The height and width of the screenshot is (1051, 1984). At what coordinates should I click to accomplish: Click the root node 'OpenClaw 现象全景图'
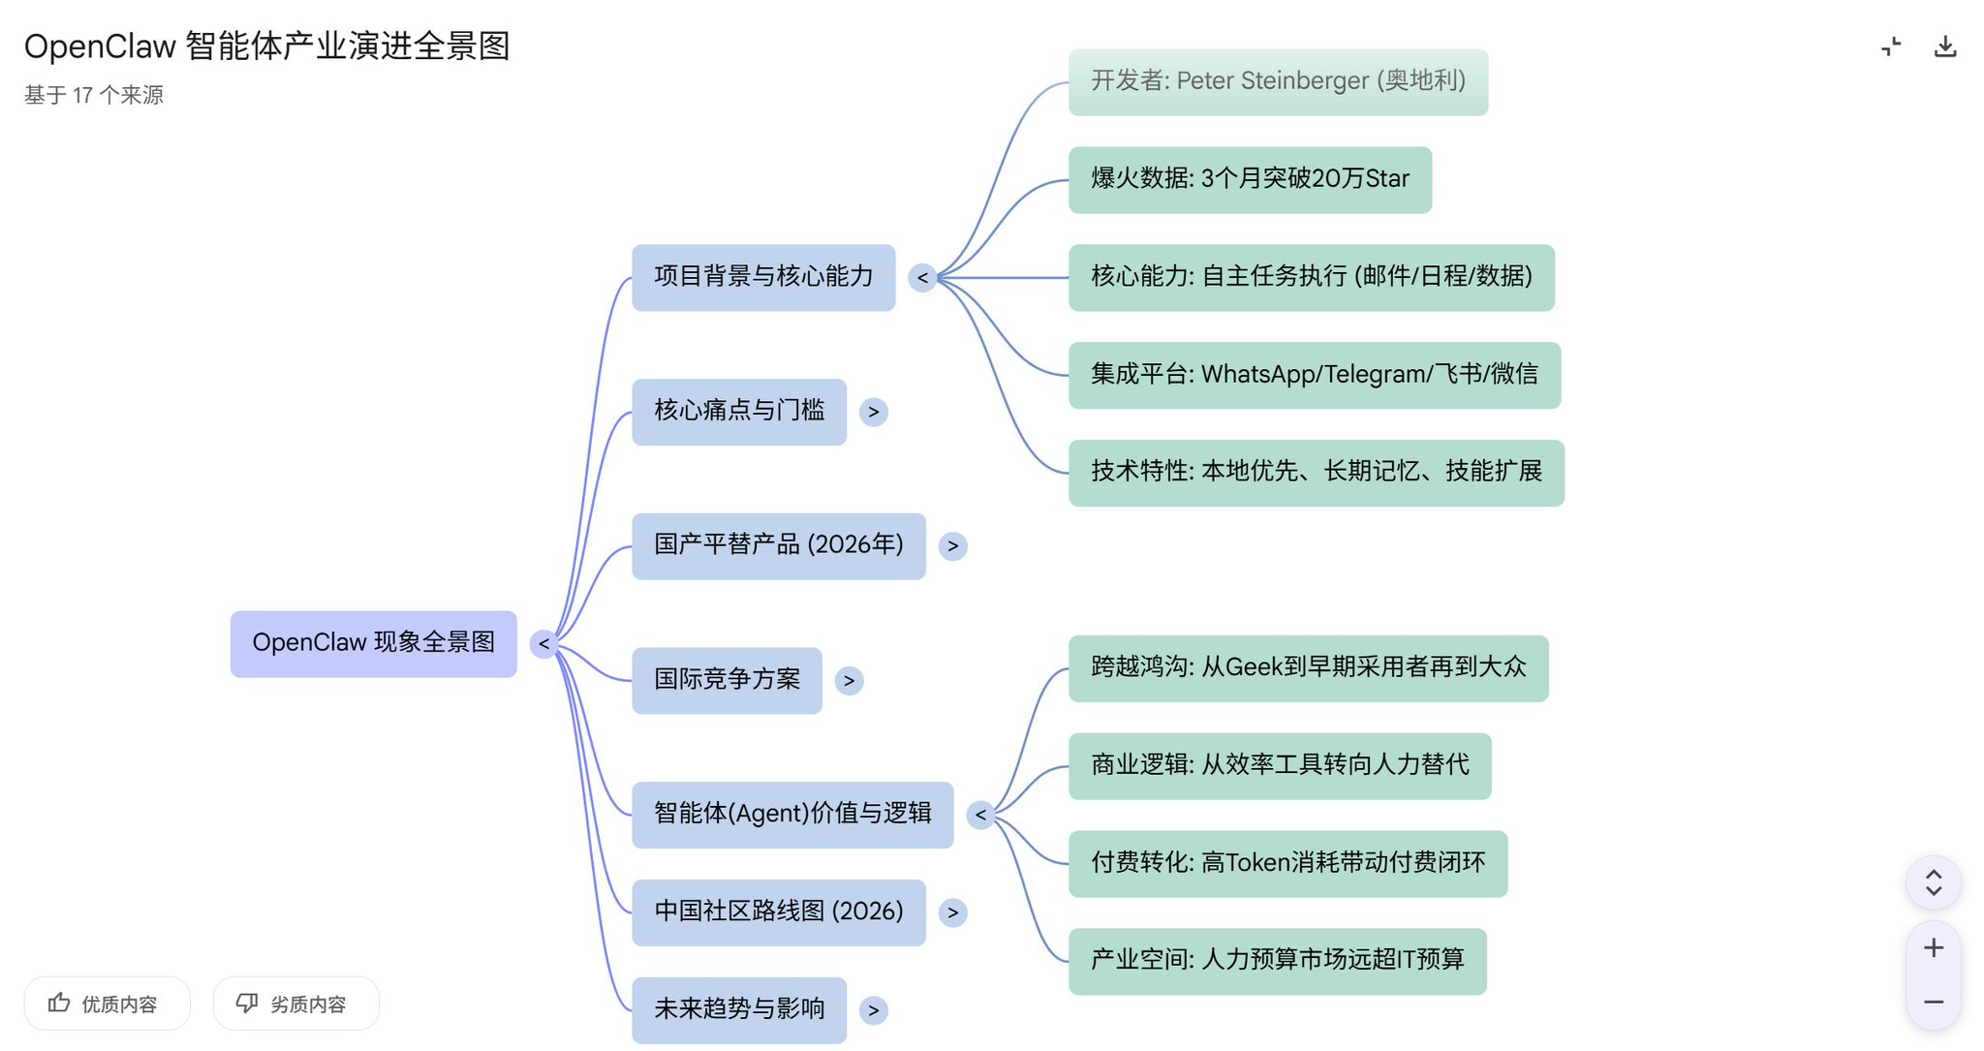tap(373, 643)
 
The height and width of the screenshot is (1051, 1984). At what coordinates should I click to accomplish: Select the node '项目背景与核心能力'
tap(763, 277)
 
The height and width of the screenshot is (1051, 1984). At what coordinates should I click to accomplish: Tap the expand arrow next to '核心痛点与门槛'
tap(873, 412)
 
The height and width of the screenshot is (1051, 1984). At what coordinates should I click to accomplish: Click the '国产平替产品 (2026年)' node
tap(778, 545)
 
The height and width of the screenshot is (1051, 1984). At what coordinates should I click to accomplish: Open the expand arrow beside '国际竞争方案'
tap(849, 680)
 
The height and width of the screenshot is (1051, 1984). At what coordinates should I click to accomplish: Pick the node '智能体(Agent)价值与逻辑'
tap(791, 814)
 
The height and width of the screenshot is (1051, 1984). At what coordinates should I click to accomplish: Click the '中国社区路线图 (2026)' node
tap(778, 912)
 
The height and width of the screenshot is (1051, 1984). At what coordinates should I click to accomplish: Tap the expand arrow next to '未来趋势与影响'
tap(873, 1010)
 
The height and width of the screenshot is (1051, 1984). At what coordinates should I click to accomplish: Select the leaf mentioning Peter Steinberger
tap(1277, 81)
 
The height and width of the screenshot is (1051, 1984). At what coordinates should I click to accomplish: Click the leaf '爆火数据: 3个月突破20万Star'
tap(1250, 179)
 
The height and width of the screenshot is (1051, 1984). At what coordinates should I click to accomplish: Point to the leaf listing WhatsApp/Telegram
tap(1314, 375)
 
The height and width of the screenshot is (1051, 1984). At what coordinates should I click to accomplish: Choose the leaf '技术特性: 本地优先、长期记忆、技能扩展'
tap(1316, 473)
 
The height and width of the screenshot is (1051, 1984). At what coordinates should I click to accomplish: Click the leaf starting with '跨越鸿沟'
tap(1308, 667)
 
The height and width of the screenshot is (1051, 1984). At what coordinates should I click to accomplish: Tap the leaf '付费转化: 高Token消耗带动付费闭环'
tap(1287, 863)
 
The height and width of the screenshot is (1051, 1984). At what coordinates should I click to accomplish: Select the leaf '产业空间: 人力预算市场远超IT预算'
tap(1277, 961)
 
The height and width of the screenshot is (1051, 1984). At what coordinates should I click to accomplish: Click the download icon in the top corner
tap(1945, 46)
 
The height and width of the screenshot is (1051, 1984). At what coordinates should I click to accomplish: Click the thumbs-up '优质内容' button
tap(107, 1004)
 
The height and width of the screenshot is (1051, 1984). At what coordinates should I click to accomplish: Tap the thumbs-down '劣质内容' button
tap(295, 1004)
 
